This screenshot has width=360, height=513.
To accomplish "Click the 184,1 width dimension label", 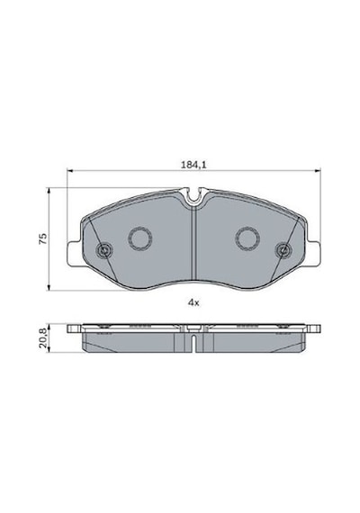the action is pos(193,165).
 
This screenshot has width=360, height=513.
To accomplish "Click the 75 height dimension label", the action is pos(43,238).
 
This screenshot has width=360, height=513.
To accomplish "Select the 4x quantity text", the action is pos(193,302).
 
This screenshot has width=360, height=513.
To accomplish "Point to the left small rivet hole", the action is pos(104,250).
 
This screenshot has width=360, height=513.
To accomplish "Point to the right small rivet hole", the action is pos(283,250).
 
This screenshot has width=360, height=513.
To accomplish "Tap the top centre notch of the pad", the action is pos(193,196).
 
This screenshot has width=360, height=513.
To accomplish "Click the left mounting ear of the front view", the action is pos(74,253).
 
